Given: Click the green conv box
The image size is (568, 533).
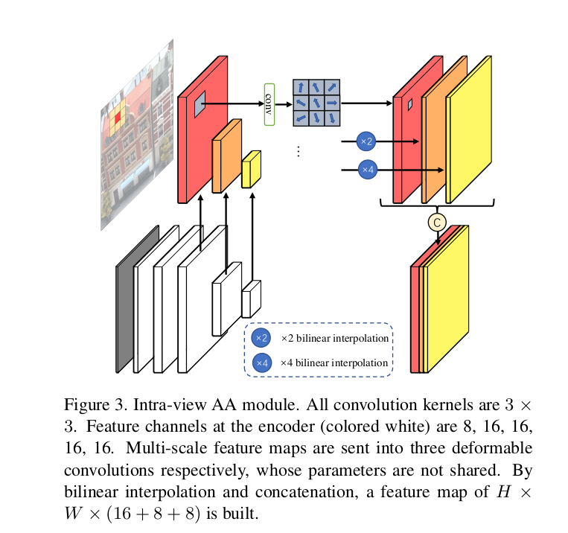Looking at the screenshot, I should tap(269, 104).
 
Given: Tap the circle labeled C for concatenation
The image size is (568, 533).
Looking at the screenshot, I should tap(436, 221).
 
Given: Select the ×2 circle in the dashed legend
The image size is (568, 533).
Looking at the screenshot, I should tap(261, 338).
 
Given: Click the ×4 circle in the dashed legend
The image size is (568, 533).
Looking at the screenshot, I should tap(261, 363).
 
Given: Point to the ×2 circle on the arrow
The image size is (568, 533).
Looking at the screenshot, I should tap(366, 141).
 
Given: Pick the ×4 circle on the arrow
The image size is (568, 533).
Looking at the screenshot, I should tap(367, 170).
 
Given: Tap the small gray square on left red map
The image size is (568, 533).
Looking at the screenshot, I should tap(200, 105).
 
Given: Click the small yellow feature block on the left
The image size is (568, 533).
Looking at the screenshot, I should tap(251, 170).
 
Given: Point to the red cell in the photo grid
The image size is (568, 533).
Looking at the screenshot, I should tap(118, 116).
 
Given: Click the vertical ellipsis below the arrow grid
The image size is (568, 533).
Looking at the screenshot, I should tap(298, 151).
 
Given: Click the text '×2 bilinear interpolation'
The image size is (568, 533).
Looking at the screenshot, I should tap(334, 338).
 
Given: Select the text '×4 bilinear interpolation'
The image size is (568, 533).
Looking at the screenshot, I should tap(334, 363).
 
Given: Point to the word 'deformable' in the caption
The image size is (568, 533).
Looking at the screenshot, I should tap(502, 449).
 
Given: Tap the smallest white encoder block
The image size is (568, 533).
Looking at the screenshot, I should tap(251, 300).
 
